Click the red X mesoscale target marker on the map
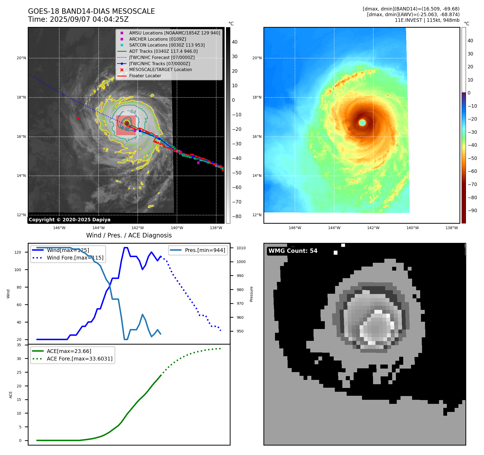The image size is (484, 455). coord(78,118)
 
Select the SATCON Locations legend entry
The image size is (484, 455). coord(167,45)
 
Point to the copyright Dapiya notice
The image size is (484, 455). coord(69,220)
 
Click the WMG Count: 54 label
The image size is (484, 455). coord(293,251)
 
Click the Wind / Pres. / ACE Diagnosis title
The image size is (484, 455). coord(129,235)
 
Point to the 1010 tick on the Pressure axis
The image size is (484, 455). coord(241,248)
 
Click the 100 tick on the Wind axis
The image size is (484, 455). coord(18,270)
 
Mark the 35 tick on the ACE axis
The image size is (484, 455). coord(19,345)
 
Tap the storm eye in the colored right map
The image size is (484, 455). coord(362,123)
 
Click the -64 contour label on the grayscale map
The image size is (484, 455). coord(131,111)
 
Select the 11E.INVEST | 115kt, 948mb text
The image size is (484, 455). coord(427,20)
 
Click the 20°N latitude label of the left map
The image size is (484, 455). coord(21,58)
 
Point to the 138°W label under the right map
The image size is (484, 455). coord(451,228)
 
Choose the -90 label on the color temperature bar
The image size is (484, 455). coord(472,211)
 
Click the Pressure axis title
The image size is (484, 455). coord(251,294)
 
